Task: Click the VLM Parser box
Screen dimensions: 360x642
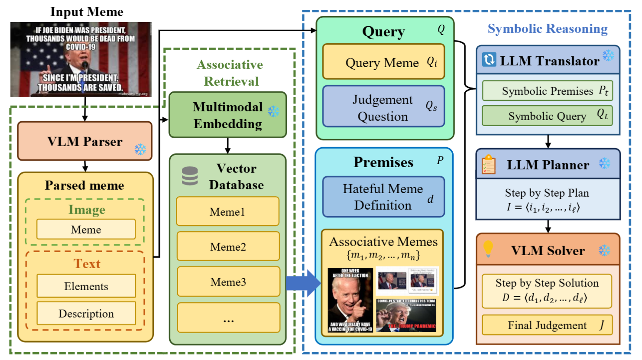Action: [x=85, y=141]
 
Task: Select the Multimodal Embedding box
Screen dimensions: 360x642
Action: [x=227, y=115]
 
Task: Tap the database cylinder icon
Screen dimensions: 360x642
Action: [x=190, y=176]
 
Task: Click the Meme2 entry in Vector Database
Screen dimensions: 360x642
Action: [x=228, y=246]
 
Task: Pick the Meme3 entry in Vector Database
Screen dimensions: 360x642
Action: [x=228, y=282]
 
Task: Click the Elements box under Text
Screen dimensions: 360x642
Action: [x=86, y=286]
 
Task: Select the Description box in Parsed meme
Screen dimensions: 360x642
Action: [x=86, y=313]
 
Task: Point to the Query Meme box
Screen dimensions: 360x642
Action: [x=383, y=62]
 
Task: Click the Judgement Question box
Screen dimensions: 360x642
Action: [x=383, y=107]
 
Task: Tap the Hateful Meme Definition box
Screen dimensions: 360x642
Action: [x=383, y=197]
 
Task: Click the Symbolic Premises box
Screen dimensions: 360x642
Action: [x=548, y=91]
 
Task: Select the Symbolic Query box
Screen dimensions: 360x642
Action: [x=548, y=116]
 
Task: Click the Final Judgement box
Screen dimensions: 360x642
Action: [x=548, y=325]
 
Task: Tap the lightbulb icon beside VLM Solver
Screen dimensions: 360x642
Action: [x=488, y=249]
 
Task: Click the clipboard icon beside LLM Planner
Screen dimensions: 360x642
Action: [x=488, y=165]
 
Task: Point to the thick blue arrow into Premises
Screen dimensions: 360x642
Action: [x=303, y=283]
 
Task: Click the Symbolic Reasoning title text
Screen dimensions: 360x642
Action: [x=548, y=29]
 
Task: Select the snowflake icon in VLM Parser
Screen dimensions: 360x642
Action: [x=140, y=149]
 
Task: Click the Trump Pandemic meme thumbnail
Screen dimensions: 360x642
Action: [x=406, y=315]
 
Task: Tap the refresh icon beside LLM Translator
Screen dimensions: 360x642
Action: [x=489, y=59]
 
